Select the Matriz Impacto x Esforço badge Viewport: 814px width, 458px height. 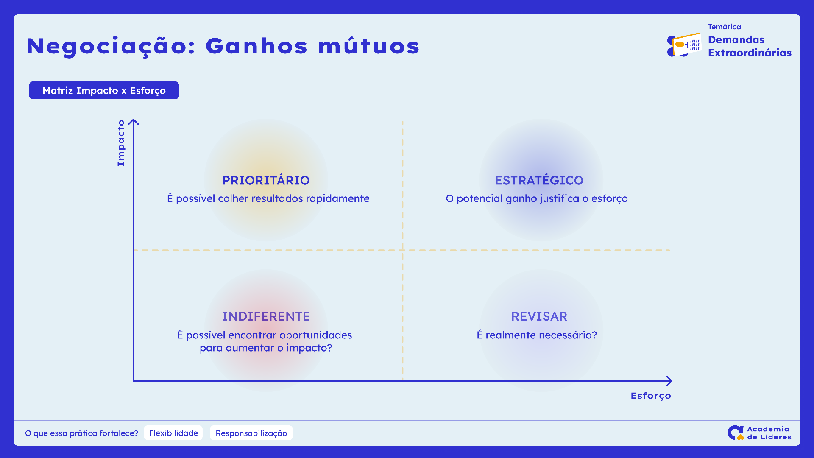click(x=104, y=90)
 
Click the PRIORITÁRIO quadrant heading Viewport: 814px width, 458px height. click(x=266, y=180)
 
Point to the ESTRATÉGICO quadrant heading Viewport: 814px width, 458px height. click(x=539, y=180)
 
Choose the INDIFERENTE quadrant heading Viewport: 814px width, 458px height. click(x=266, y=316)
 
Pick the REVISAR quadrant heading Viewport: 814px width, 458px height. click(x=539, y=316)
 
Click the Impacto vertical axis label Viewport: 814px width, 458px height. click(x=121, y=143)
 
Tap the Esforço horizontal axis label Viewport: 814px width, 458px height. click(x=651, y=396)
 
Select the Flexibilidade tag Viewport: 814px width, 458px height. click(x=173, y=433)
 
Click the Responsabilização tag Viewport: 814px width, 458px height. click(x=251, y=433)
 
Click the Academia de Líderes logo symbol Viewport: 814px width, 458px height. click(x=736, y=433)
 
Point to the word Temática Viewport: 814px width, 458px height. click(x=725, y=27)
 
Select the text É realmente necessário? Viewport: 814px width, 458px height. click(x=537, y=335)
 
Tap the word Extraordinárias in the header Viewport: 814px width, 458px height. click(x=750, y=53)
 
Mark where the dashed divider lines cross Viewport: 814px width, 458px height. click(x=402, y=250)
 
